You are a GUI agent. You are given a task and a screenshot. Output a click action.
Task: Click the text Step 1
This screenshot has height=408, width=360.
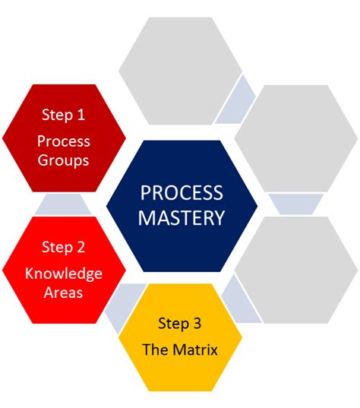(x=63, y=115)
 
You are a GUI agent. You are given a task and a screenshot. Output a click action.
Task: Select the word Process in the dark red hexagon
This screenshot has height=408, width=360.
(x=63, y=141)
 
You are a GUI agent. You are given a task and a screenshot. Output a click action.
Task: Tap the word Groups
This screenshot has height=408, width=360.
(x=65, y=160)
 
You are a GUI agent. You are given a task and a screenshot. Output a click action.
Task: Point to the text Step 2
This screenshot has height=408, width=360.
(x=63, y=247)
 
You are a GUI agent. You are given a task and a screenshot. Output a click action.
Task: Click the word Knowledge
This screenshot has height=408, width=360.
(x=63, y=274)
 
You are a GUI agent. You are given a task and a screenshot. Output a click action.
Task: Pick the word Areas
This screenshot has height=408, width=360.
(x=63, y=293)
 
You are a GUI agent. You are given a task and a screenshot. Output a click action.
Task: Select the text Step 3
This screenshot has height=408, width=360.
(x=180, y=324)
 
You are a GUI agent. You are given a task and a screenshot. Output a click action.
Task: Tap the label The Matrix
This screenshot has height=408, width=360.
(x=180, y=350)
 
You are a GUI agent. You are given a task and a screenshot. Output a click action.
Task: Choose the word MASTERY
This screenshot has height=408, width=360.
(x=181, y=218)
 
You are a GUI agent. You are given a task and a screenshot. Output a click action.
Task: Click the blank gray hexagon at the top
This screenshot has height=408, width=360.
(x=180, y=71)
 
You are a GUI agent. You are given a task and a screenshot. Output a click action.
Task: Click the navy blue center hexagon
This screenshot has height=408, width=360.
(x=181, y=205)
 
